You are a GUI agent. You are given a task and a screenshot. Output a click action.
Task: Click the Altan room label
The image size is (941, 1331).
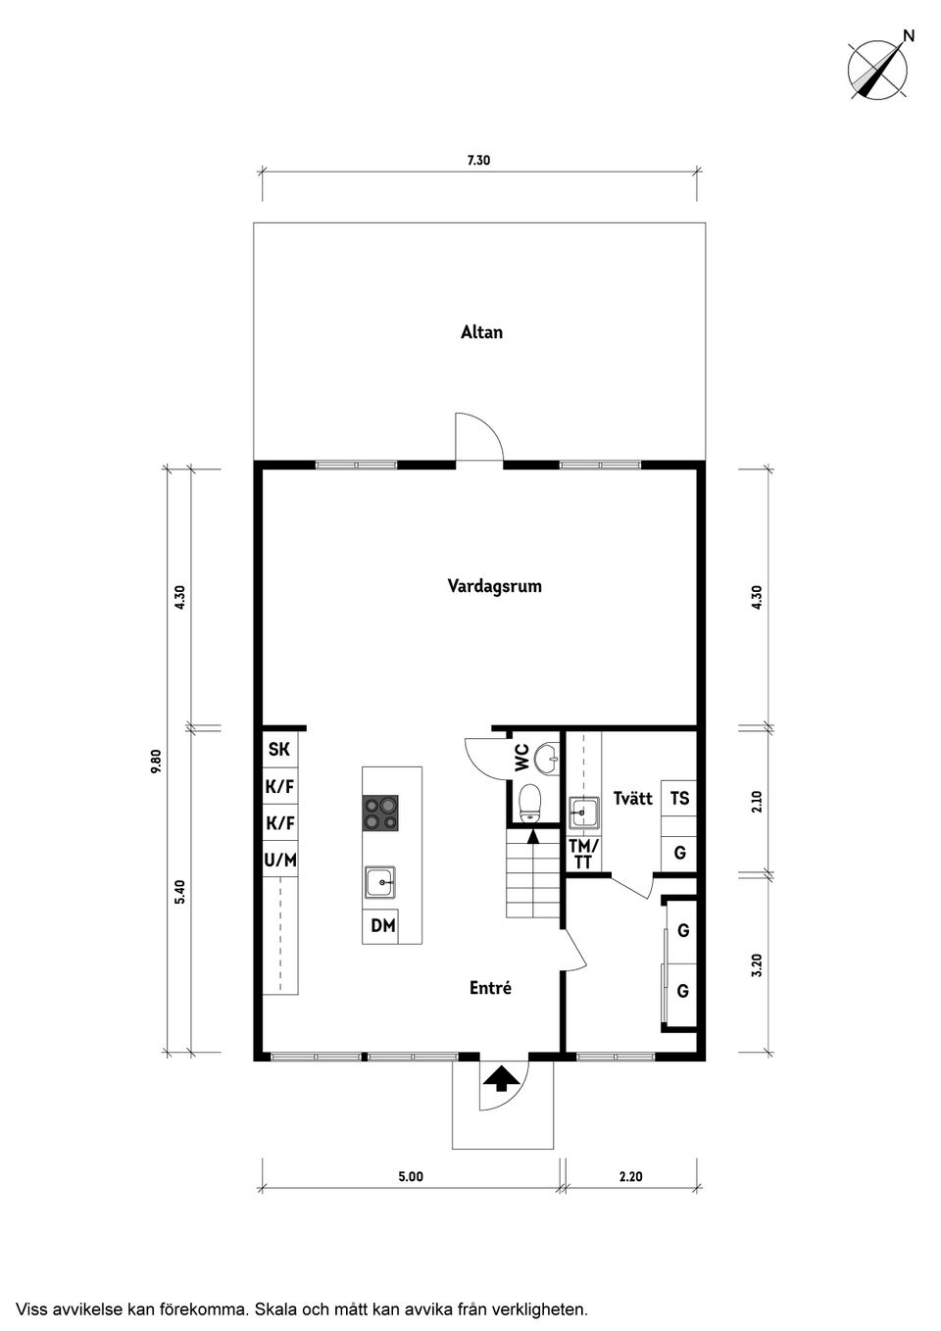tap(481, 332)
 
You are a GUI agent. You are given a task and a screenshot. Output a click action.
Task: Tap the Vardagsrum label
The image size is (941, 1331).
tap(494, 587)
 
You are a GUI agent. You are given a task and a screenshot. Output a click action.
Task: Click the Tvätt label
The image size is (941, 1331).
tap(632, 798)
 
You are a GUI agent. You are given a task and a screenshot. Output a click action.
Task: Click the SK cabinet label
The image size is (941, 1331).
tap(279, 749)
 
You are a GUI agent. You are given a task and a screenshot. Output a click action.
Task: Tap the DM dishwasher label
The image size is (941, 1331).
tap(383, 926)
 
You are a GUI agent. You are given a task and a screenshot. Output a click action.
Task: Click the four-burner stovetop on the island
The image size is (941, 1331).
tap(380, 813)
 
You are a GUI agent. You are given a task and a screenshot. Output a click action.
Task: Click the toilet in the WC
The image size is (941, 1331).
tap(529, 804)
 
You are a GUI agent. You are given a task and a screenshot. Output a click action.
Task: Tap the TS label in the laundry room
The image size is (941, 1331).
tap(679, 798)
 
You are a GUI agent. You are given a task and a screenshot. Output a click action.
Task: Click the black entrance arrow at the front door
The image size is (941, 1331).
tap(500, 1078)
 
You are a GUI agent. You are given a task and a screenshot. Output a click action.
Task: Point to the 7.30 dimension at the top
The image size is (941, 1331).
tap(478, 160)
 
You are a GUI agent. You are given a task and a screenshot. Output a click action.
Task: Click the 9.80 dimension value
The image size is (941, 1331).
tap(156, 762)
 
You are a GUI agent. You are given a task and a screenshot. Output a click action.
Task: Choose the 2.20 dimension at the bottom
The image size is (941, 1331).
tap(631, 1176)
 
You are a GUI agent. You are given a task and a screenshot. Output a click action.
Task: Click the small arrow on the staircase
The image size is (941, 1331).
tap(533, 837)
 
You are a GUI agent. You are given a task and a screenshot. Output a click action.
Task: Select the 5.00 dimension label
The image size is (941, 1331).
tap(411, 1176)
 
